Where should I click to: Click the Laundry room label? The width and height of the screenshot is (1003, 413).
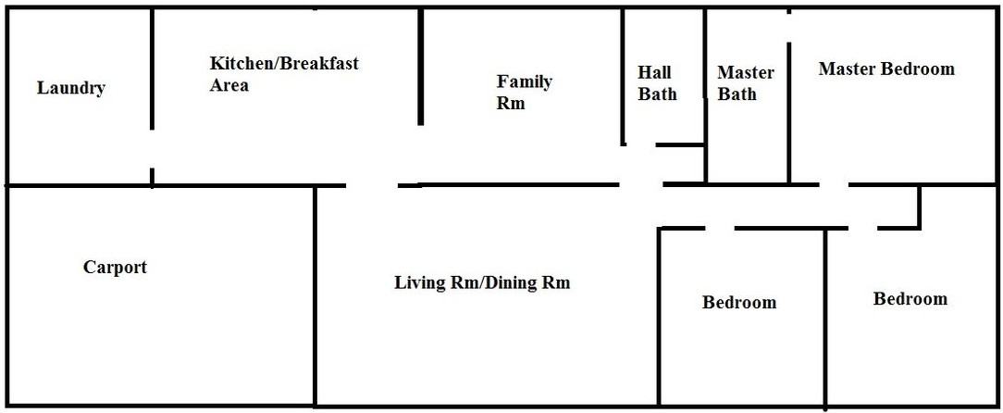71,89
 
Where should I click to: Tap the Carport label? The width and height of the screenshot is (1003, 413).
115,268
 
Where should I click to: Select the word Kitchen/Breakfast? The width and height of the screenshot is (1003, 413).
284,64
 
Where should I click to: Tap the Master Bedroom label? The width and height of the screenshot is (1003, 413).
886,69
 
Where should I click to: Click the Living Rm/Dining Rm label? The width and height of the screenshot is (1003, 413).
482,282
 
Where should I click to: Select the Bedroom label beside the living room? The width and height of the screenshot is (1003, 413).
739,303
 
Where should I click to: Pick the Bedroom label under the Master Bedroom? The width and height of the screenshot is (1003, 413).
910,299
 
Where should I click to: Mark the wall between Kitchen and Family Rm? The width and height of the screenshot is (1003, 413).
421,65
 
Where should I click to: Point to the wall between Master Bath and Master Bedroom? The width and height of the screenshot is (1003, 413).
789,111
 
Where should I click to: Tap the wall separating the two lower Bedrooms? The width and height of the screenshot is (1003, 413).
825,315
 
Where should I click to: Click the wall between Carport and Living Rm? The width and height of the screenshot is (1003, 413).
316,296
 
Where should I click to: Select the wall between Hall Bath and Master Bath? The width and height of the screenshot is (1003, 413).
706,93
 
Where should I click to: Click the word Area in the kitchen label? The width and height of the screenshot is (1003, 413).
229,86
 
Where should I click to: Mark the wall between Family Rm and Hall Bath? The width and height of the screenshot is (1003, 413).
623,74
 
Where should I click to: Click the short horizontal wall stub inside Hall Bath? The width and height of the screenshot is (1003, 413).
680,144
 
